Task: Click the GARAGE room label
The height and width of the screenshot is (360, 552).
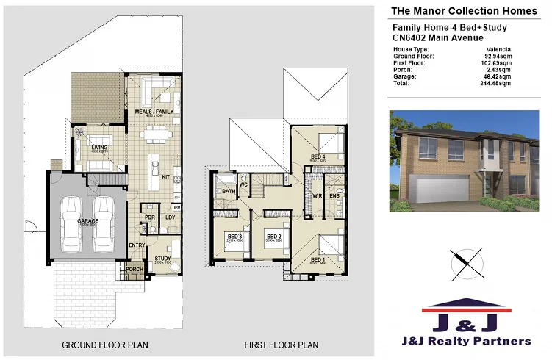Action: click(x=87, y=220)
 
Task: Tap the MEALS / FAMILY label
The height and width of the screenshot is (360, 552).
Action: click(x=150, y=111)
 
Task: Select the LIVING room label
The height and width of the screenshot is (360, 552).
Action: click(x=99, y=148)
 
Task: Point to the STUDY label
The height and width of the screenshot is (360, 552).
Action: click(x=162, y=258)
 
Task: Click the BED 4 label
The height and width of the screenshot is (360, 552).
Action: click(x=318, y=156)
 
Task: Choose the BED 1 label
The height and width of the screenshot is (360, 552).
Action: click(x=318, y=260)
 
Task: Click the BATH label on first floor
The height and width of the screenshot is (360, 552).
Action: click(x=228, y=192)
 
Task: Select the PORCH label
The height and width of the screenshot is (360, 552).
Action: click(x=135, y=269)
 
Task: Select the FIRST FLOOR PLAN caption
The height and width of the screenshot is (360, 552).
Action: click(x=281, y=344)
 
